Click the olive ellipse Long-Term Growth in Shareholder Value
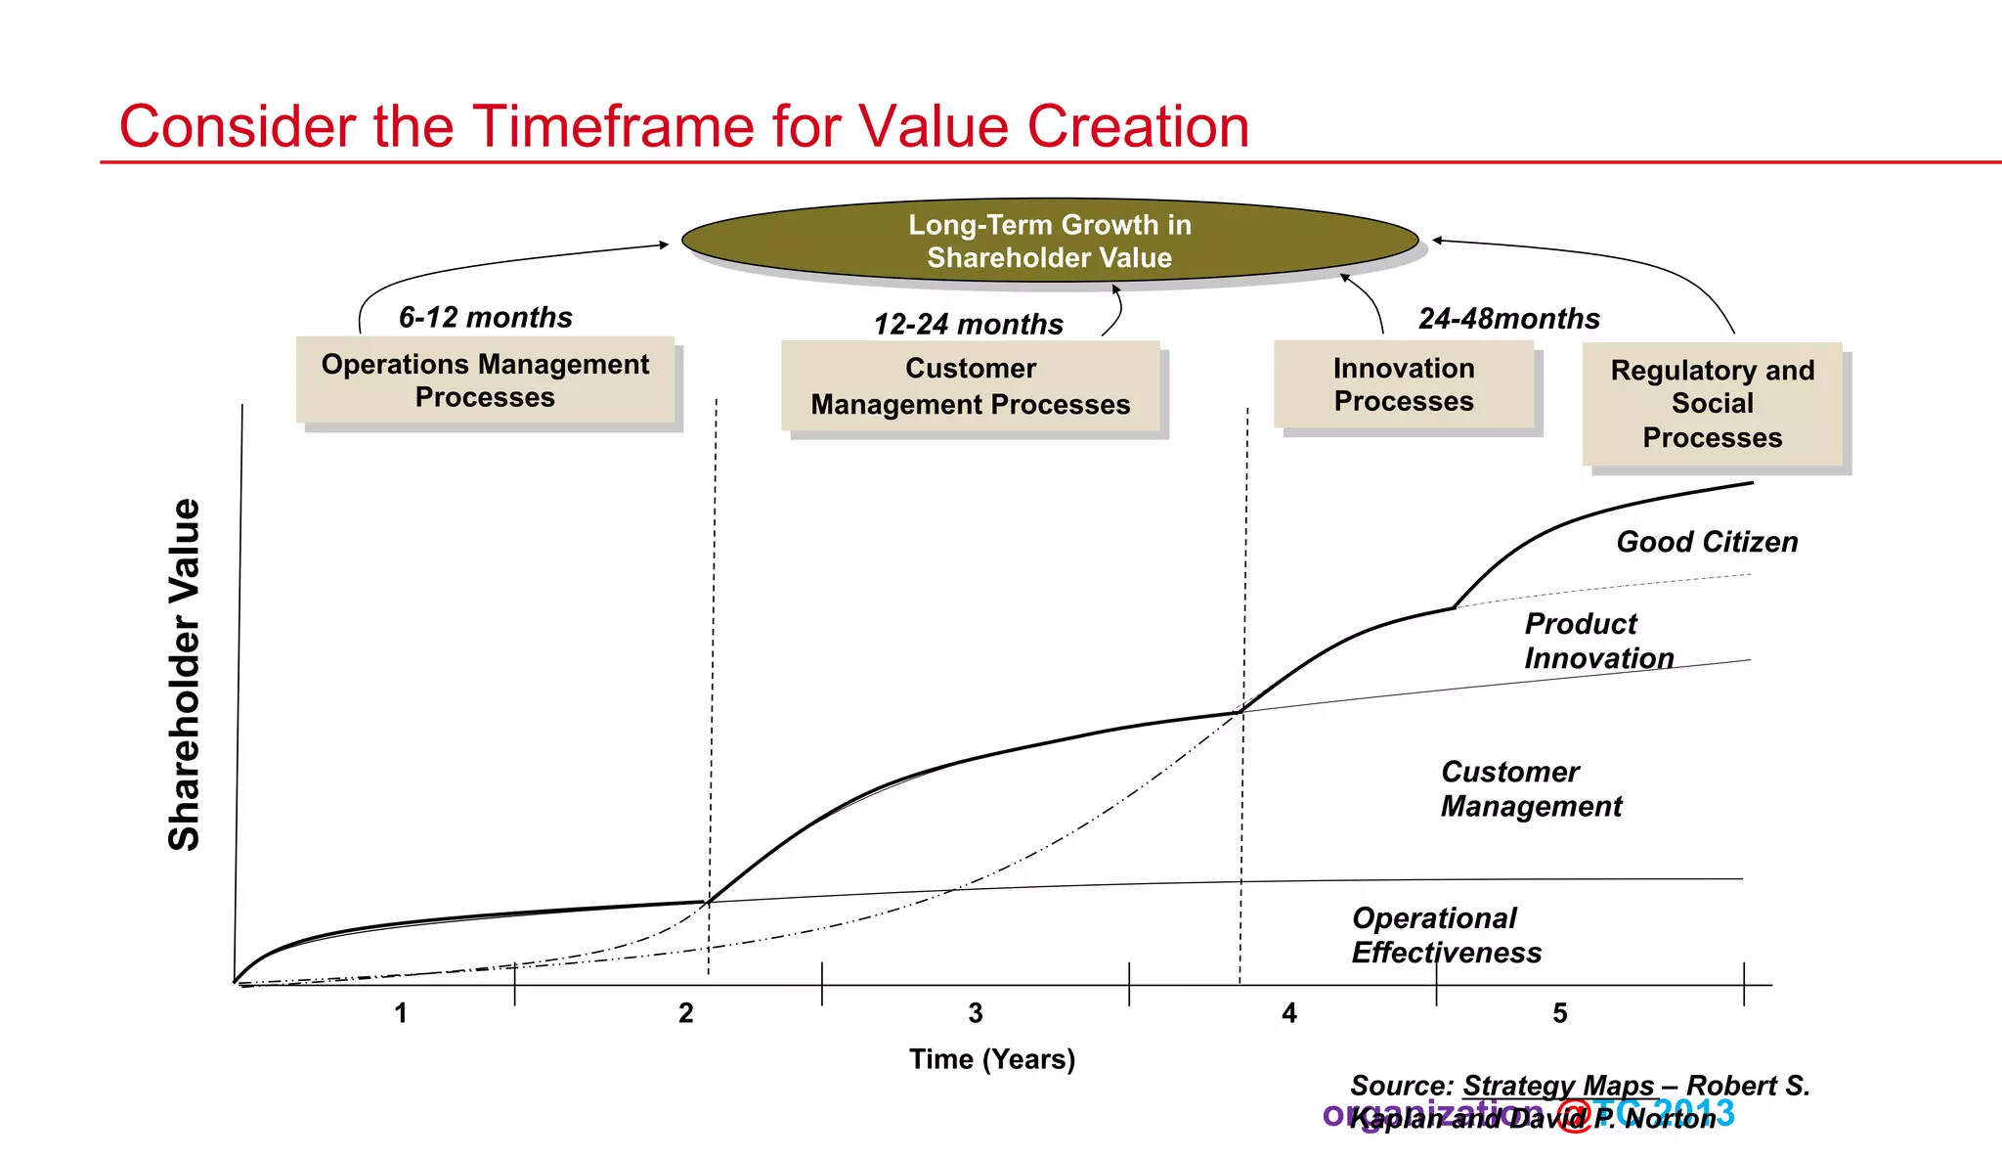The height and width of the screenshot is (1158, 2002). tap(1049, 241)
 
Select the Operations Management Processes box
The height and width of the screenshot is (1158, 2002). tap(485, 380)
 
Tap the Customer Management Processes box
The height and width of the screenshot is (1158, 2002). tap(970, 386)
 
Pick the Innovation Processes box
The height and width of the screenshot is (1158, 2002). tap(1403, 384)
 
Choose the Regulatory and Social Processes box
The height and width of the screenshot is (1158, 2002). tap(1712, 404)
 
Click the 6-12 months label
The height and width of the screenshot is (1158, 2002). tap(485, 317)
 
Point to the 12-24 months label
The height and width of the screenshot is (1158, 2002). tap(968, 324)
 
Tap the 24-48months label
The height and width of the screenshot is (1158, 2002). tap(1508, 319)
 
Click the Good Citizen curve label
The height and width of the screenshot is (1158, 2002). tap(1706, 542)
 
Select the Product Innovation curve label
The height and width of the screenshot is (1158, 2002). tap(1598, 641)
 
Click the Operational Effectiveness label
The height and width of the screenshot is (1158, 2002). tap(1446, 935)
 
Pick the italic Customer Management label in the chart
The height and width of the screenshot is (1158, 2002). tap(1530, 788)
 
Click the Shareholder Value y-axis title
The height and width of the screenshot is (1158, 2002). tap(184, 674)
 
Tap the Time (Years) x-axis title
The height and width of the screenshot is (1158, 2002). tap(991, 1059)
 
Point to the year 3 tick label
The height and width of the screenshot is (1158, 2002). tap(975, 1013)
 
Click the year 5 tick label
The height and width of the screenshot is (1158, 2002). tap(1559, 1013)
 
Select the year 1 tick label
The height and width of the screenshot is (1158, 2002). tap(400, 1013)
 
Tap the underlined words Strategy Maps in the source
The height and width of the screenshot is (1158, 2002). tap(1557, 1086)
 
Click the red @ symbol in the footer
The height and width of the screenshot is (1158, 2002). tap(1573, 1116)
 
